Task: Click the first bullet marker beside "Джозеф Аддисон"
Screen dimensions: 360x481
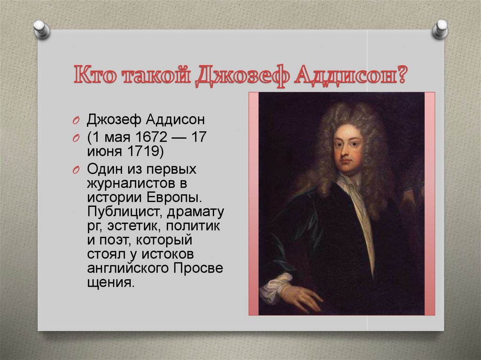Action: click(x=77, y=121)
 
